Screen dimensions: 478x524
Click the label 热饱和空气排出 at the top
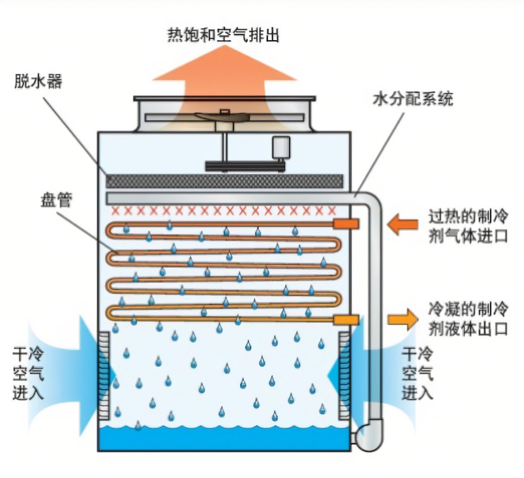point(223,35)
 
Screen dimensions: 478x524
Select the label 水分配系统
point(412,98)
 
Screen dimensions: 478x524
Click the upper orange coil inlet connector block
point(345,224)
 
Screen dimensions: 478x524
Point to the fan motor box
point(280,147)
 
